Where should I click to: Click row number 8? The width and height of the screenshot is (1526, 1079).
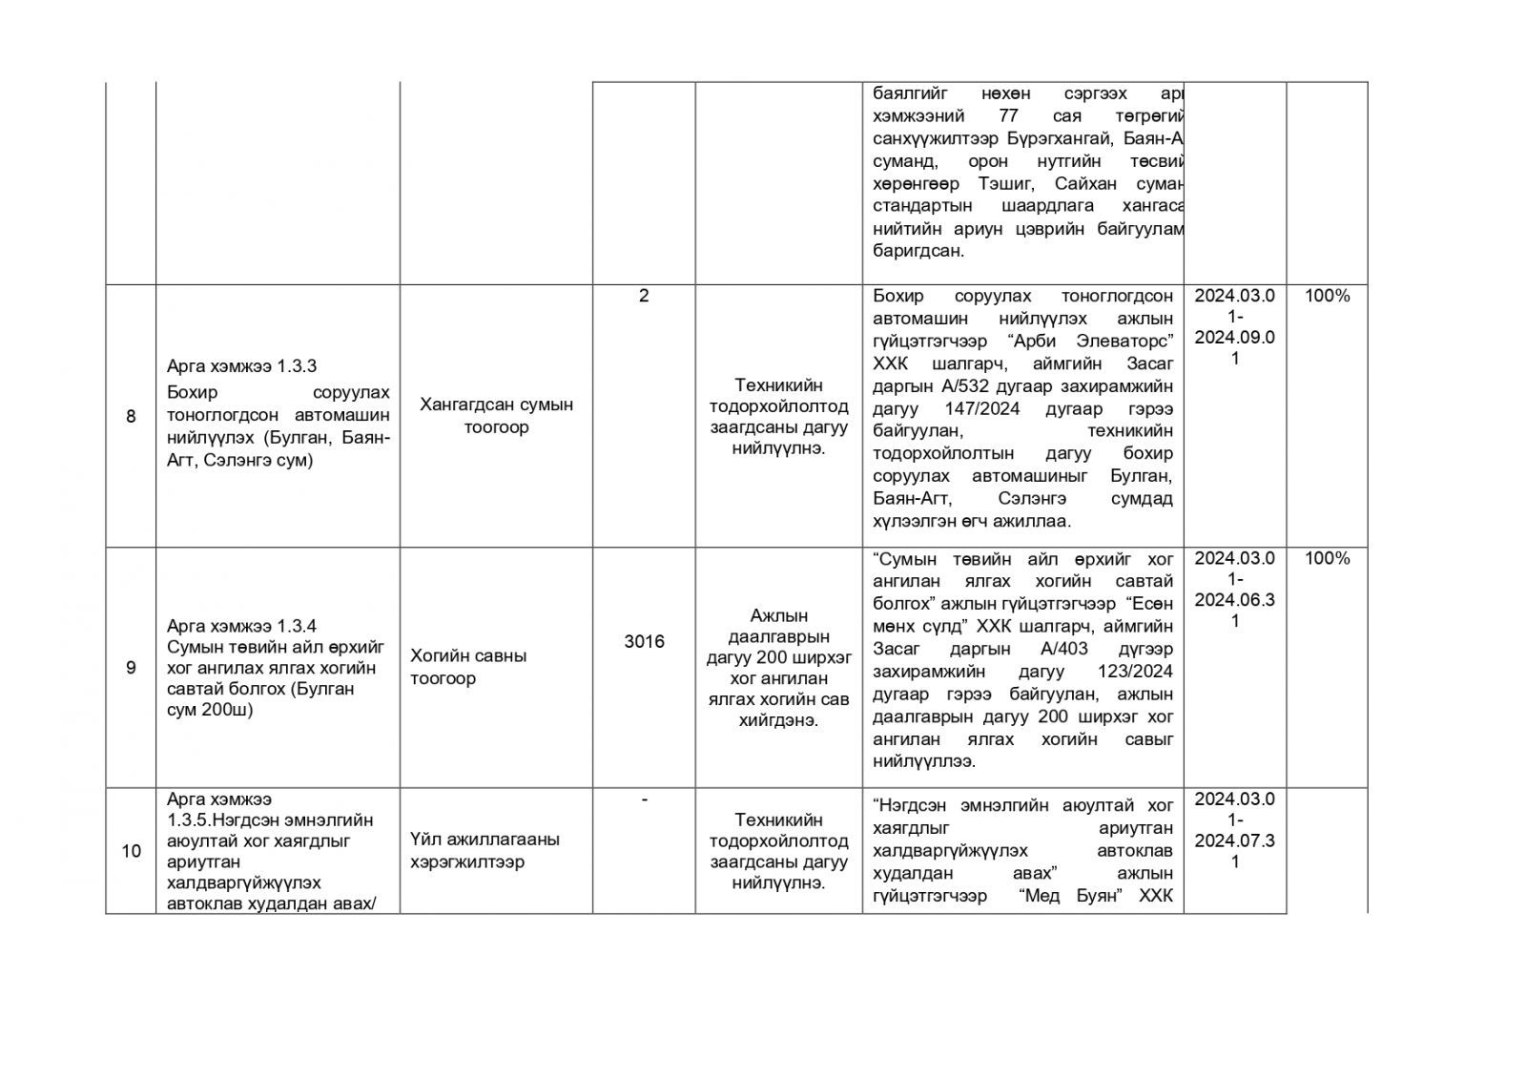131,417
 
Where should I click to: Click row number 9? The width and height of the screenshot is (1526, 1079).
131,668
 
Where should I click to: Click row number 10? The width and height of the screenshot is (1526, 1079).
131,851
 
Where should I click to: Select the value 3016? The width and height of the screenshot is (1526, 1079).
644,642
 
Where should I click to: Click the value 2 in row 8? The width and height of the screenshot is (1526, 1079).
644,296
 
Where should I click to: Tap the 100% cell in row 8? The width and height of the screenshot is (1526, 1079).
1327,296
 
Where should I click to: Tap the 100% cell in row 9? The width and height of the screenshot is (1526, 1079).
1327,558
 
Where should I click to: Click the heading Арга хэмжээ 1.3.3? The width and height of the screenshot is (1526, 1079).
241,366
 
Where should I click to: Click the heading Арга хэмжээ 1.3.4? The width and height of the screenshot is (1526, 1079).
241,626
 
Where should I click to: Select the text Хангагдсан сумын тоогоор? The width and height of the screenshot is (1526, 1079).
496,416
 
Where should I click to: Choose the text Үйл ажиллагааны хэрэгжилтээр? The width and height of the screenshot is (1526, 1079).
485,851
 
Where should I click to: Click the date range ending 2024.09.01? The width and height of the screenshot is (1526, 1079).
1235,327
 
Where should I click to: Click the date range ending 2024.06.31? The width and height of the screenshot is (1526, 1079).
1235,590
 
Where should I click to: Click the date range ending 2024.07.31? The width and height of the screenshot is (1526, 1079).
1235,830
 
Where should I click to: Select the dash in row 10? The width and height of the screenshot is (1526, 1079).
644,799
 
